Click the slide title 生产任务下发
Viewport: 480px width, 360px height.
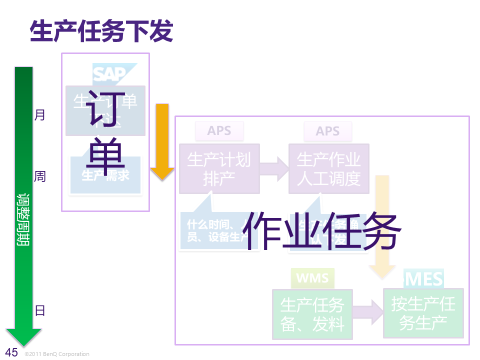click(x=101, y=31)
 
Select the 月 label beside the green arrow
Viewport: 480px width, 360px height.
click(x=39, y=115)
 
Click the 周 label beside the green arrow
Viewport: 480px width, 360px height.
click(x=39, y=176)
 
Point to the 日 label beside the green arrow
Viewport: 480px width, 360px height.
click(x=40, y=310)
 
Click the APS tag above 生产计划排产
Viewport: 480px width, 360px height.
click(x=219, y=131)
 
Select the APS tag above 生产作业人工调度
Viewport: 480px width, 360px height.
click(x=327, y=131)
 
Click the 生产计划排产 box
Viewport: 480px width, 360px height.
click(x=219, y=168)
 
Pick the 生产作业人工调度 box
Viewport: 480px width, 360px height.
click(x=328, y=168)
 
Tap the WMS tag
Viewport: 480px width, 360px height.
click(x=312, y=278)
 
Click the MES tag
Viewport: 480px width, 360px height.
click(x=424, y=278)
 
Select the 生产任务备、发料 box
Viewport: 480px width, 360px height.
click(x=312, y=314)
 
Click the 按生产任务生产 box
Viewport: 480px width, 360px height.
click(x=423, y=313)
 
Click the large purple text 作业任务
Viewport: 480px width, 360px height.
click(x=324, y=230)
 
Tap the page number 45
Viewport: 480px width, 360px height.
click(x=11, y=352)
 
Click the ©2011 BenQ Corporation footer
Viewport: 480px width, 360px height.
click(x=57, y=354)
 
